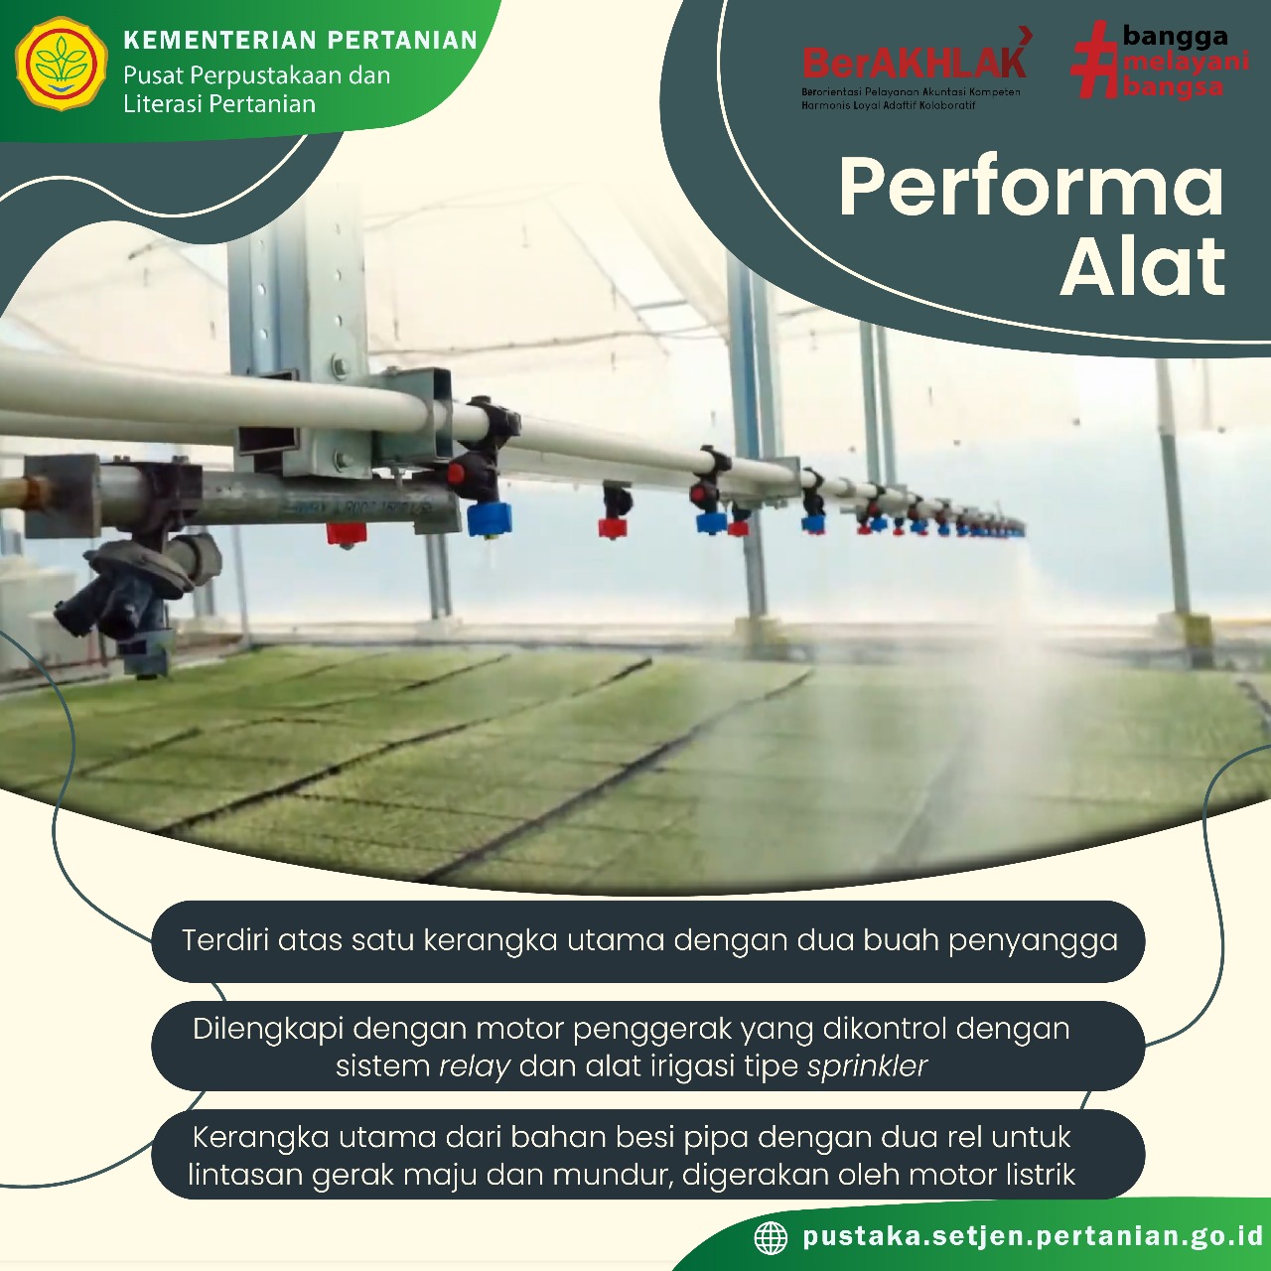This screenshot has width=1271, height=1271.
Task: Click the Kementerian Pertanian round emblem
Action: (61, 64)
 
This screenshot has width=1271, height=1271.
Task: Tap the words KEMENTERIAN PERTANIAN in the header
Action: (300, 41)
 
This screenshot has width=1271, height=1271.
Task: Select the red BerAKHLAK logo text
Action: (914, 62)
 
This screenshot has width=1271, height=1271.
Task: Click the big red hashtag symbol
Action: (1097, 60)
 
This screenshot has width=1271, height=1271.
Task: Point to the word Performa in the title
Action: (1031, 189)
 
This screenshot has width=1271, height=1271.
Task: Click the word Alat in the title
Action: (1142, 268)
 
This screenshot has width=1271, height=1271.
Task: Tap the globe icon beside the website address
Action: (771, 1237)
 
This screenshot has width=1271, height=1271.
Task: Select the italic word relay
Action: (475, 1066)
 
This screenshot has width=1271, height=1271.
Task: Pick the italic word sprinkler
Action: (867, 1065)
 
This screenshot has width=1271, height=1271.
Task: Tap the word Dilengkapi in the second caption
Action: (268, 1030)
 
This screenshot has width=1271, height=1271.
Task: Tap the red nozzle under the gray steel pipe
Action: (347, 533)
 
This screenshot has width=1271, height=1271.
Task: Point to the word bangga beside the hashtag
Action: (1175, 37)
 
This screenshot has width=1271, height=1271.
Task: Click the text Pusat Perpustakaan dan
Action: (256, 75)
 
